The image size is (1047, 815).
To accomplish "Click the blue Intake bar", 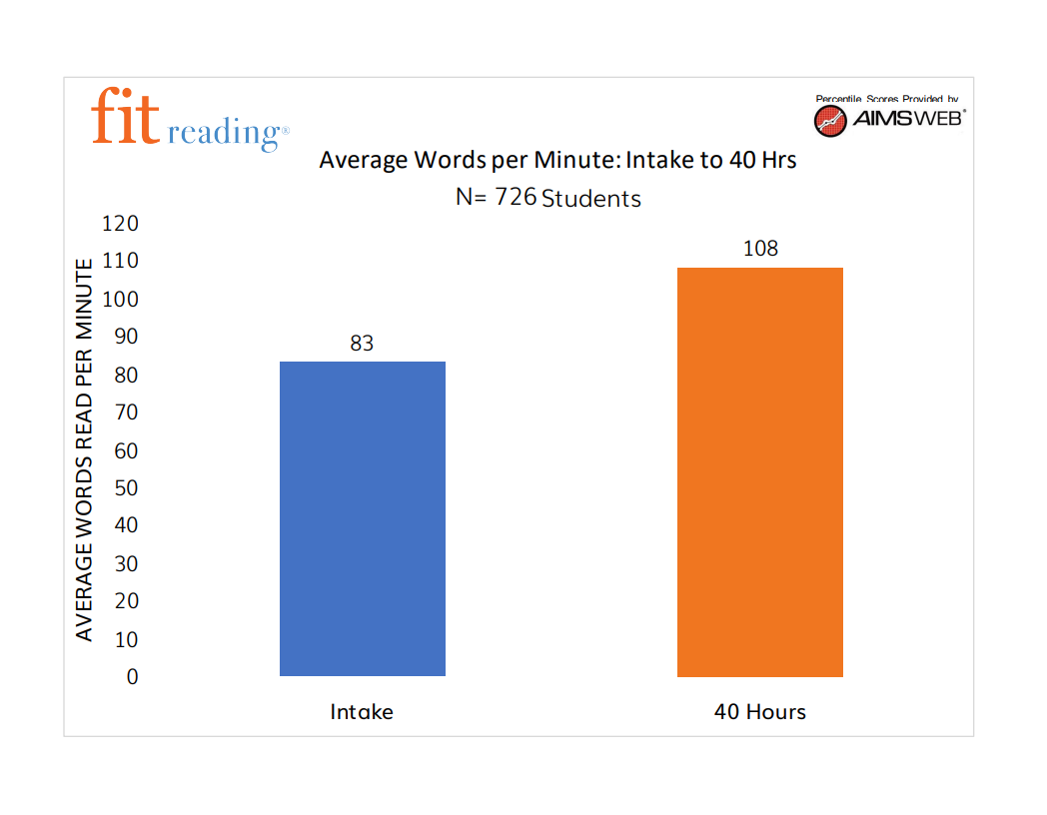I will point(362,518).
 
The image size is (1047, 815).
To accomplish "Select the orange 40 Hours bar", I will point(759,471).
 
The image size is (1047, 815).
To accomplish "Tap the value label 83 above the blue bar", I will point(362,344).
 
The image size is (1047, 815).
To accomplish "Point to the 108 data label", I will point(760,249).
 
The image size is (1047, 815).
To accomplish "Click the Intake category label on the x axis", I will point(362,712).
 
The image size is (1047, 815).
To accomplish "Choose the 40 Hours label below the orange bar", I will point(759,712).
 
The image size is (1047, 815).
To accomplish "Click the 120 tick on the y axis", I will point(120,224).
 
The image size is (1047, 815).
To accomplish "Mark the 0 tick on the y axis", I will point(132,677).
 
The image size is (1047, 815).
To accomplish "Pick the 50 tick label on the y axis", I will point(126,488).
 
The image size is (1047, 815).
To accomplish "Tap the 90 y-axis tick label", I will point(126,337).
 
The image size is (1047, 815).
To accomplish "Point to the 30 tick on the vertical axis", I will point(126,564).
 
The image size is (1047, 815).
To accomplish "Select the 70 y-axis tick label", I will point(126,412).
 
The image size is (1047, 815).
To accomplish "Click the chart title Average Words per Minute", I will point(557,160).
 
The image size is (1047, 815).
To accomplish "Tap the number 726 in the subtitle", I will point(516,197).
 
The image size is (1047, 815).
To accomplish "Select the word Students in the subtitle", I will point(591,199).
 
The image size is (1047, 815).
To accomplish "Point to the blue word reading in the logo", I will point(228,133).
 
